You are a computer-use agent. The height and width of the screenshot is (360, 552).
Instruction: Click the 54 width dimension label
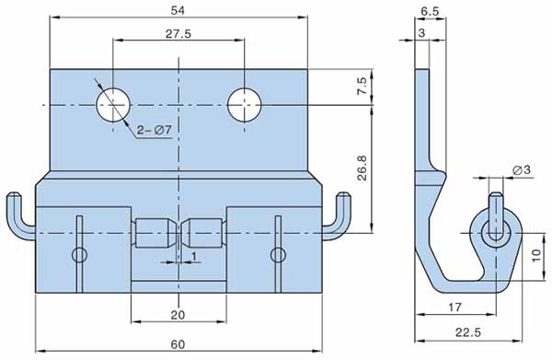tap(178, 10)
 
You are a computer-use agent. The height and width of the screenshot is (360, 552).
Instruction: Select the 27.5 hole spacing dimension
tap(178, 34)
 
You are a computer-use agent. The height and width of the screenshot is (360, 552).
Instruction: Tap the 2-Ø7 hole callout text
tap(155, 131)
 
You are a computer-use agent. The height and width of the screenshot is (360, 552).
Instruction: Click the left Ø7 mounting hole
tap(113, 105)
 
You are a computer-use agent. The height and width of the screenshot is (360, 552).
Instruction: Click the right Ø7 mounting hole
tap(245, 105)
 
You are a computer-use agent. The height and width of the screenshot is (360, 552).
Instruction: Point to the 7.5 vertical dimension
tap(362, 86)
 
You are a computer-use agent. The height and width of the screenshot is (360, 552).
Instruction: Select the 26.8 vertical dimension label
tap(362, 168)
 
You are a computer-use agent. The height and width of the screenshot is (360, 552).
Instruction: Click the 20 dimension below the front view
tap(178, 315)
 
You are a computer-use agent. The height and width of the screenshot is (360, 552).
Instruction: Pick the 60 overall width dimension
tap(178, 344)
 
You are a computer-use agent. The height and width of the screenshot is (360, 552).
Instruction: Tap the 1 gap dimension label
tap(193, 257)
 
